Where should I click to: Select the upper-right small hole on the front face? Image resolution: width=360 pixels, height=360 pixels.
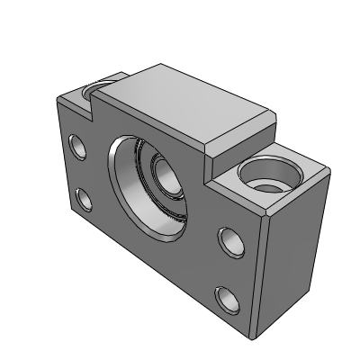228,239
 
